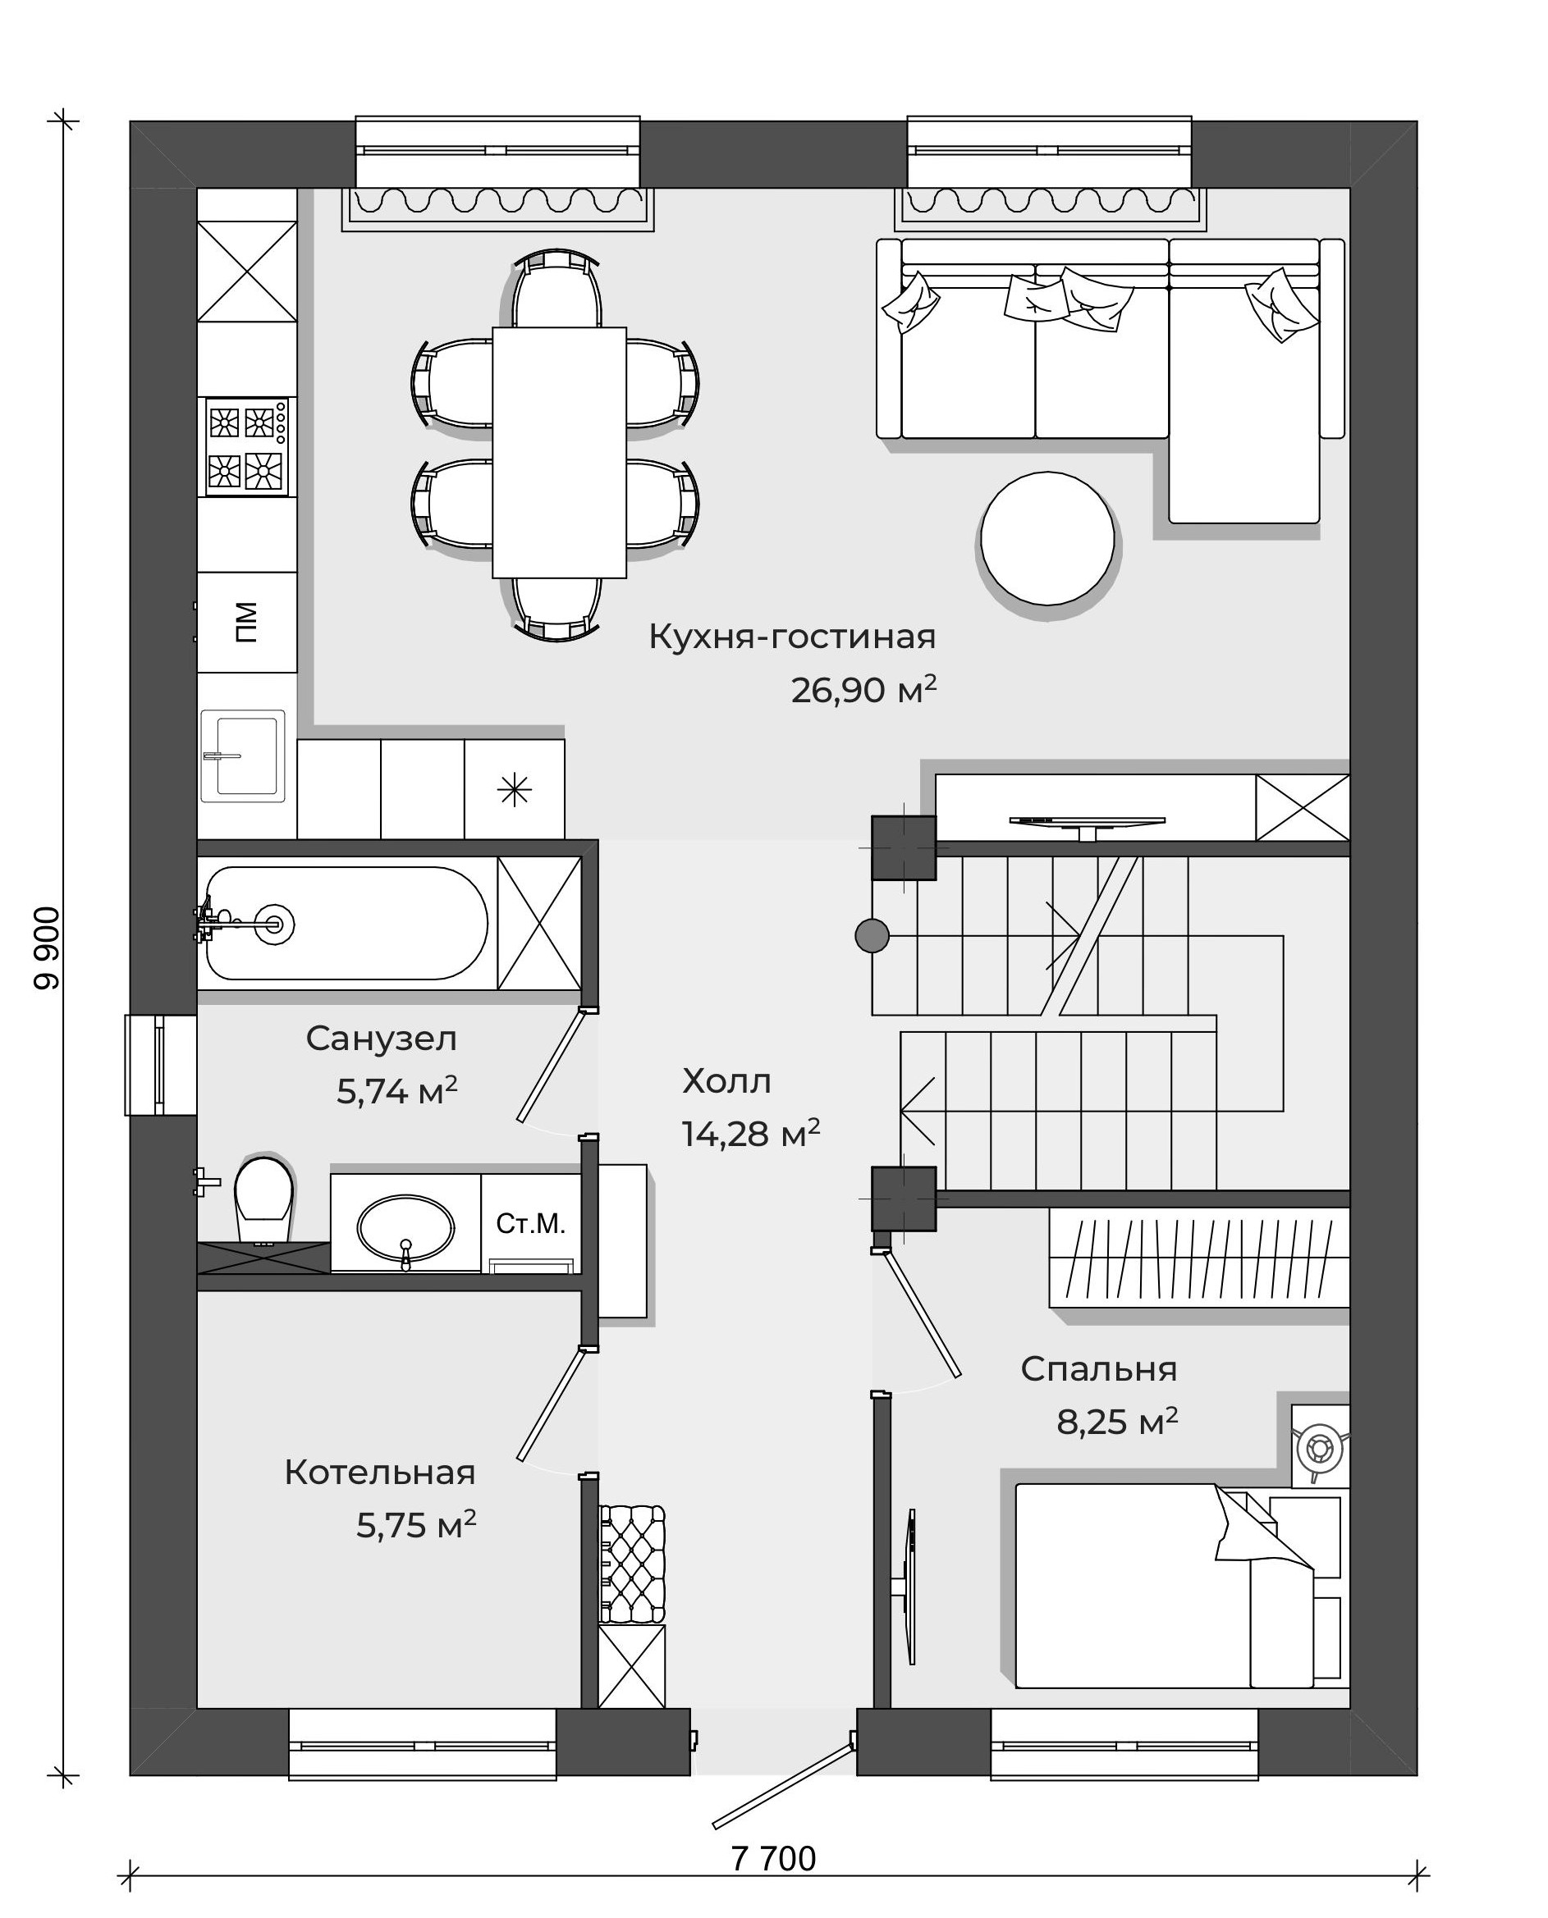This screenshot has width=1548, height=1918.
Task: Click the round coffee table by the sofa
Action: coord(1048,538)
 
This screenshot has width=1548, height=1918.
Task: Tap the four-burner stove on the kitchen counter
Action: coord(247,446)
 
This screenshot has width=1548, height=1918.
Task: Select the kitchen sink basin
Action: coord(244,756)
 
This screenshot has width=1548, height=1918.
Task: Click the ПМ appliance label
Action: coord(246,622)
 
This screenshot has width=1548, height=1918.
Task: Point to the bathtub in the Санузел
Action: coord(347,924)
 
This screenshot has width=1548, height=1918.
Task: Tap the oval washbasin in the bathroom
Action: coord(405,1228)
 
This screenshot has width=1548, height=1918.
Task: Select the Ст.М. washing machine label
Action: coord(530,1224)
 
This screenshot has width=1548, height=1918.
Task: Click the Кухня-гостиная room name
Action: coord(792,637)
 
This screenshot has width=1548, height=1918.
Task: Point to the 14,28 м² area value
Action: coord(751,1134)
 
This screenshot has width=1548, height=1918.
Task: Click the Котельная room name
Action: coord(380,1473)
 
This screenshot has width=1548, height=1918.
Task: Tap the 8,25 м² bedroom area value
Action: coord(1117,1422)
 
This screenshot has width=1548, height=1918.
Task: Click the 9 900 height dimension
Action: coord(46,948)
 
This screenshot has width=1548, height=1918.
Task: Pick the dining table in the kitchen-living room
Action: coord(559,453)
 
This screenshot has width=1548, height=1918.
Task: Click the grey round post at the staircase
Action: coord(872,936)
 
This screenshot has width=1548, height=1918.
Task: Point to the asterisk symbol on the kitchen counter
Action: coord(515,790)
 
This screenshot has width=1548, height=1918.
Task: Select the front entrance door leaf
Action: coord(782,1784)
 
